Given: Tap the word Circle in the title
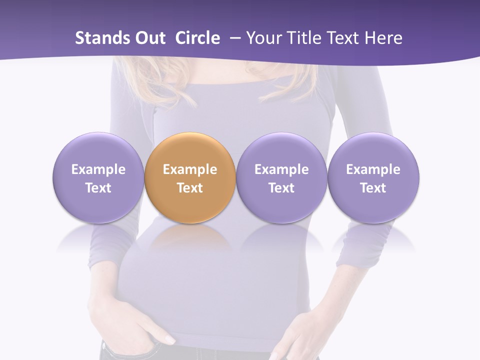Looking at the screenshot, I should (x=197, y=38).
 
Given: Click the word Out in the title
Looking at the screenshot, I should (x=149, y=38).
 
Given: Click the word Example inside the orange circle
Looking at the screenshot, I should (x=190, y=169).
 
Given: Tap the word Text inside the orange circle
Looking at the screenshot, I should (x=190, y=188).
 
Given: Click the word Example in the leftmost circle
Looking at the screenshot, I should (x=98, y=169).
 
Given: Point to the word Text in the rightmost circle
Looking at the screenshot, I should (x=373, y=188).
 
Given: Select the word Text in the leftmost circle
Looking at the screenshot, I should (x=98, y=188).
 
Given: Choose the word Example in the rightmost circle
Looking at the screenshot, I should (x=373, y=169).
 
